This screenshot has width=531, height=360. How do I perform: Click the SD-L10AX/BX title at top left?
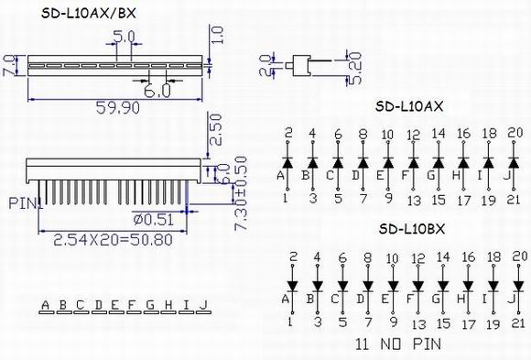(89, 13)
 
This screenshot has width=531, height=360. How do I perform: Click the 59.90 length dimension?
(117, 108)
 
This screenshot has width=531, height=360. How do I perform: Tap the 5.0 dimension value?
(124, 37)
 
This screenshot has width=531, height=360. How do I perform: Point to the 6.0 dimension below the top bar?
(157, 91)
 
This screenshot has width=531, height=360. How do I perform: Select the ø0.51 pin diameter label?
(154, 220)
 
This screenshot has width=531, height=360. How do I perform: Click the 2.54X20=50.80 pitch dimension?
(114, 240)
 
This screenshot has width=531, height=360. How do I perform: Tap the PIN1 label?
(26, 203)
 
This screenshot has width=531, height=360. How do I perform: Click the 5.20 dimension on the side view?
(355, 68)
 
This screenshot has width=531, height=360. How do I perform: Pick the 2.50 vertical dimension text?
(216, 129)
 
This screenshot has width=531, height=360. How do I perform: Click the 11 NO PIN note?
(398, 344)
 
